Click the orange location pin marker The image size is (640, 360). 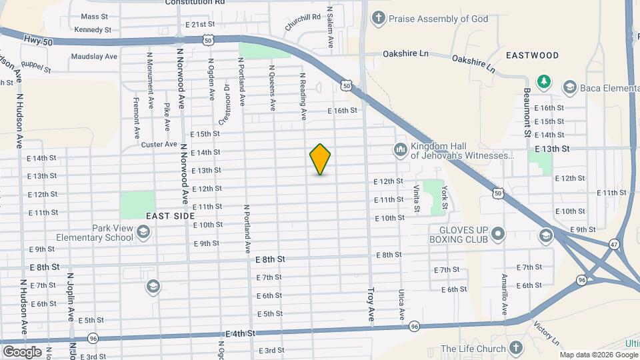click(320, 159)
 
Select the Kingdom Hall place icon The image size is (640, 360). click(400, 149)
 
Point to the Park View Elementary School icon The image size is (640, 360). click(145, 232)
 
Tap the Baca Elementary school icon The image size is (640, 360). click(569, 87)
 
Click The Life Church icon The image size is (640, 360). click(515, 349)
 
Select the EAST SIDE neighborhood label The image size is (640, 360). click(170, 216)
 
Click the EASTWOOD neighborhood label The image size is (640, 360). click(532, 55)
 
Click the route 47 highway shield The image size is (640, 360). click(613, 245)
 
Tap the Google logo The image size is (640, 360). click(22, 351)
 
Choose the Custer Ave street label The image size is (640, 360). click(159, 144)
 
